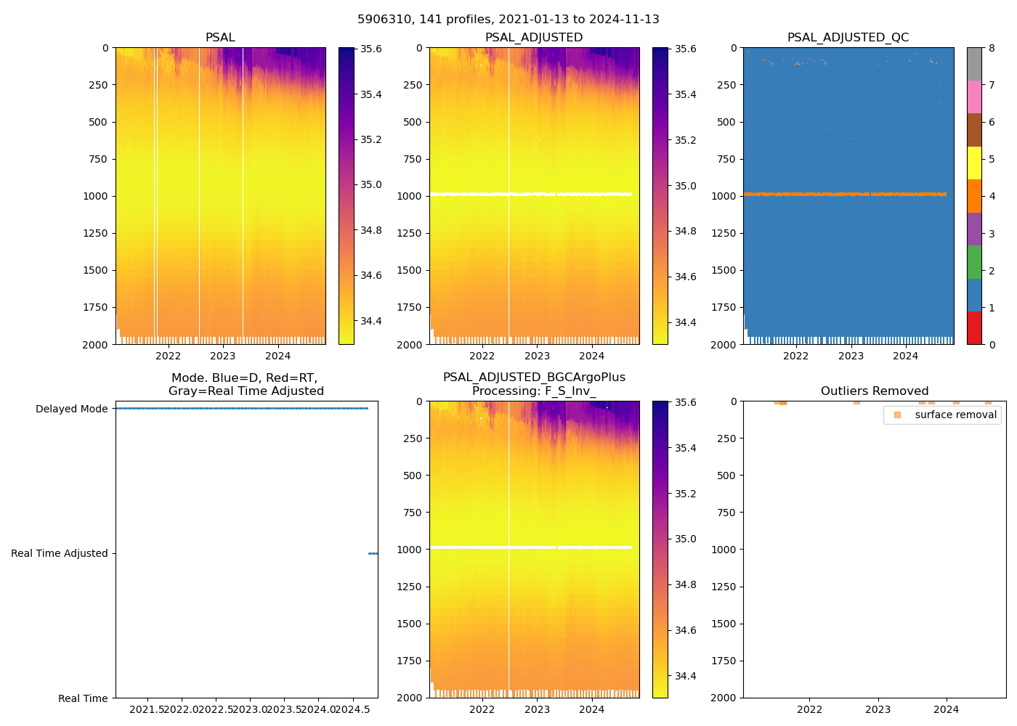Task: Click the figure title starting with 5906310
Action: click(508, 20)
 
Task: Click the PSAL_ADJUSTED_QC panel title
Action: click(848, 37)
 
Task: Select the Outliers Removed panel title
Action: click(875, 391)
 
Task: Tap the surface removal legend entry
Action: click(955, 415)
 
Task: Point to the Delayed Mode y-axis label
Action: click(71, 409)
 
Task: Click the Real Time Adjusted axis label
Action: click(60, 553)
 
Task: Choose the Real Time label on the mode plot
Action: click(83, 698)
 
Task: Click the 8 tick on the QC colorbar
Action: click(992, 49)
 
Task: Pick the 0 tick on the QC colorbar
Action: click(992, 345)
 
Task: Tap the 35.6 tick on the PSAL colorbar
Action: click(371, 49)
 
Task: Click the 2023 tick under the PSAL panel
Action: click(223, 356)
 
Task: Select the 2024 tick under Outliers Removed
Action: click(946, 709)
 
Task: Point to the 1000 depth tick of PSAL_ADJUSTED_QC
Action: click(727, 196)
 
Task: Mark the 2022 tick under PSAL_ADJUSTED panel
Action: click(482, 356)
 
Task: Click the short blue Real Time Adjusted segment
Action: click(373, 553)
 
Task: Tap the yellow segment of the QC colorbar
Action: click(974, 163)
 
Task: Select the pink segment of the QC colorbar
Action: click(974, 97)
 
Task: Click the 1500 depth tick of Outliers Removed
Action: click(727, 624)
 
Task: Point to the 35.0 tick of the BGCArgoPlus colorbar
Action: click(686, 539)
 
